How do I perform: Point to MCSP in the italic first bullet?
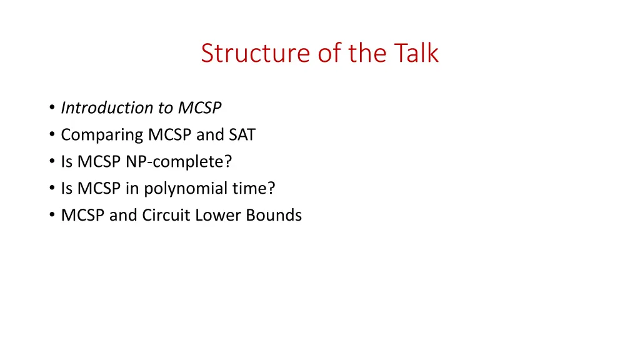[199, 108]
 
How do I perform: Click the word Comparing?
[102, 135]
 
